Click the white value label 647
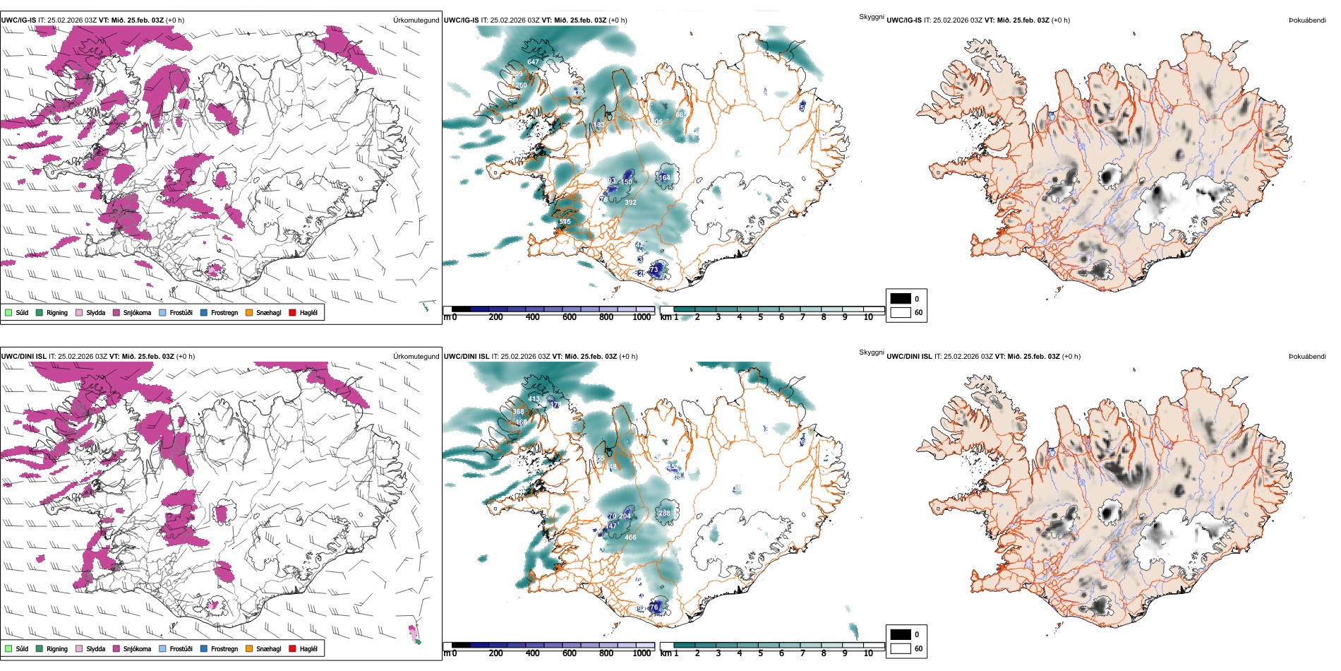coord(533,62)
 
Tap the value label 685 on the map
coord(681,114)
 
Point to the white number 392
coord(630,203)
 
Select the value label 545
coord(565,222)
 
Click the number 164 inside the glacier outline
coord(665,178)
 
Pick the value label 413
coord(534,399)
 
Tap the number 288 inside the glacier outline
coord(664,513)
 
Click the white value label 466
coord(630,538)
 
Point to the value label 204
coord(625,516)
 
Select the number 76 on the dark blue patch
coord(654,607)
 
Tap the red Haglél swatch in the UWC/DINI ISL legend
coord(293,649)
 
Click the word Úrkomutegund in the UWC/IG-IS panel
coord(416,20)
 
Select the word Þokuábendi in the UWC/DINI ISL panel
coord(1306,357)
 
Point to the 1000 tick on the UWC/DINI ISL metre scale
coord(642,653)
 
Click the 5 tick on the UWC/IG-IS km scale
coord(761,317)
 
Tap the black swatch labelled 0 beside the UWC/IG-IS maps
coord(901,299)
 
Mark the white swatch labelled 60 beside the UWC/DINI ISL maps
coord(901,648)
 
